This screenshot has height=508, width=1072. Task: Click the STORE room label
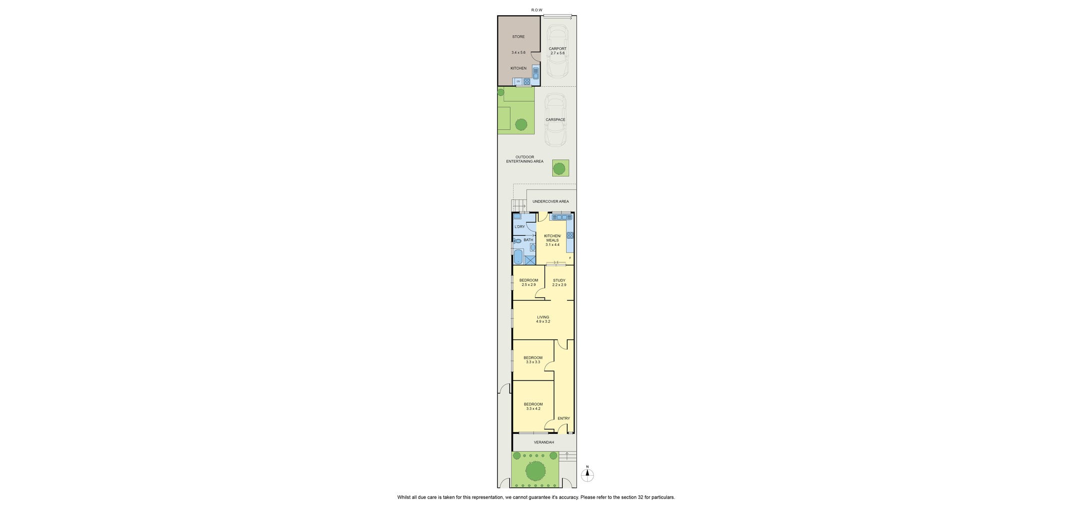point(518,37)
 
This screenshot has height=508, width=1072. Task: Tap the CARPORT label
point(558,49)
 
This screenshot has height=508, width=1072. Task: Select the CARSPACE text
point(556,120)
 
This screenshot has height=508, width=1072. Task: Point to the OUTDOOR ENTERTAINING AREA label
point(525,159)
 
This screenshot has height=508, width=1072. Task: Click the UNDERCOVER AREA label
point(551,202)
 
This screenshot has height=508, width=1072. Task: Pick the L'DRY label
point(520,227)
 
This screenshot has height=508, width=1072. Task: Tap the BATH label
point(528,240)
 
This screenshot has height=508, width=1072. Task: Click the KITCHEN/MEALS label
point(553,238)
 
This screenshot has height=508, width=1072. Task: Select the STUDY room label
point(559,281)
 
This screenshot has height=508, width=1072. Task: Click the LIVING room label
point(543,317)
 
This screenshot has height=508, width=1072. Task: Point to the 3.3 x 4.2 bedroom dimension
point(533,409)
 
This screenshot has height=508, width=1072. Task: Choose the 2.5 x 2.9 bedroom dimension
point(529,285)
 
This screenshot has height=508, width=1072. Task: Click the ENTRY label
point(564,419)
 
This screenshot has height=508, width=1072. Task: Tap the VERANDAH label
point(544,442)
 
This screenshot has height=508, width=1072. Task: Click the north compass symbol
point(587,475)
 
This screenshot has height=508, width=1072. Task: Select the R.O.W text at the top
point(537,10)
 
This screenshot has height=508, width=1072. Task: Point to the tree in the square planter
point(559,168)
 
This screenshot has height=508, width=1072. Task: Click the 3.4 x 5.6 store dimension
point(518,53)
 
